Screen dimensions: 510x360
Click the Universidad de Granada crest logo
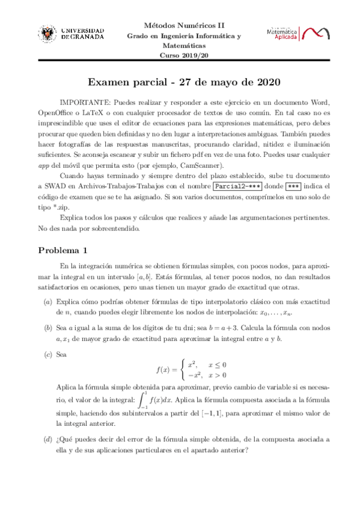[x=49, y=33]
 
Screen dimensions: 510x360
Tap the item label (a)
[x=47, y=301]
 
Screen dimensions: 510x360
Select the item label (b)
[x=47, y=327]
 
